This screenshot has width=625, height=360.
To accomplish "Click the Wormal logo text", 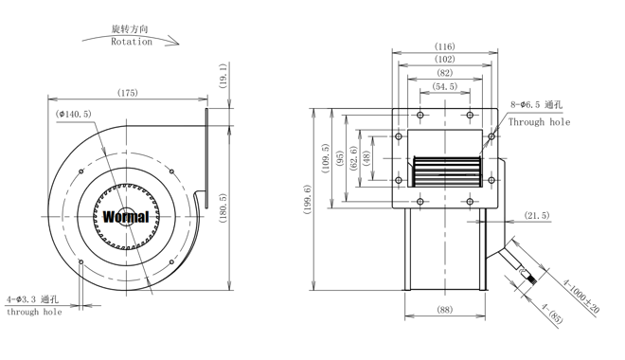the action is point(126,217).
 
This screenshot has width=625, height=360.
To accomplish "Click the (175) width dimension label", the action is point(128,93).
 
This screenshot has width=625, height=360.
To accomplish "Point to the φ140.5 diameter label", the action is point(74,114).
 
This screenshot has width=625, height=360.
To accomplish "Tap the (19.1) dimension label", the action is point(223,76).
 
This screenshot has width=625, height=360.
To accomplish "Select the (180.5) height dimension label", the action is point(223,208).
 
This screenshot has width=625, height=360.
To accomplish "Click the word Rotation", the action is point(132,42).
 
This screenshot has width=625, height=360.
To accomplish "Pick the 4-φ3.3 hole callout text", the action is point(33,299).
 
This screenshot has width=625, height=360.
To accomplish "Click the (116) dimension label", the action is point(444,46).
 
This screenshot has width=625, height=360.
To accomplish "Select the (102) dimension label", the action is point(444,60).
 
